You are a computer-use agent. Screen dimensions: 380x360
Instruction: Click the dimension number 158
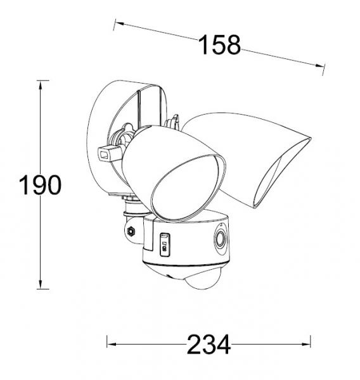coord(220,45)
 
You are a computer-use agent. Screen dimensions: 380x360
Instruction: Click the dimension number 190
coord(40,186)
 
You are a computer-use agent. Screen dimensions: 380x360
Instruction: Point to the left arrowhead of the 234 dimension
coord(110,344)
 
